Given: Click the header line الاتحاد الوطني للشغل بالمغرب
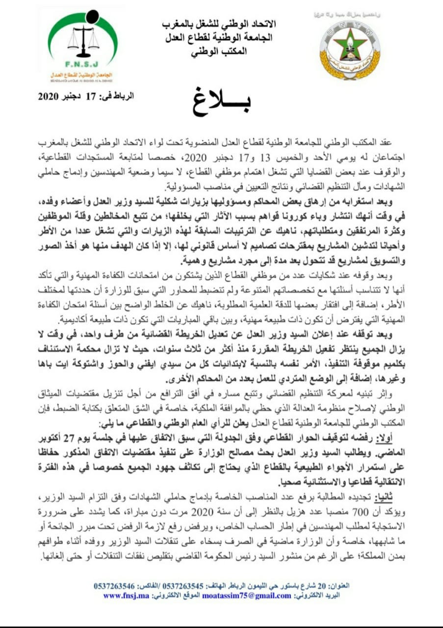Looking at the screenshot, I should click(x=218, y=24).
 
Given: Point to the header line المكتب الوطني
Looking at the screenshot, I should click(x=218, y=51).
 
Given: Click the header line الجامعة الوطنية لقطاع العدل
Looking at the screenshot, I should click(x=218, y=37).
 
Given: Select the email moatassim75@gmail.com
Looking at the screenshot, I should click(x=257, y=595).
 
